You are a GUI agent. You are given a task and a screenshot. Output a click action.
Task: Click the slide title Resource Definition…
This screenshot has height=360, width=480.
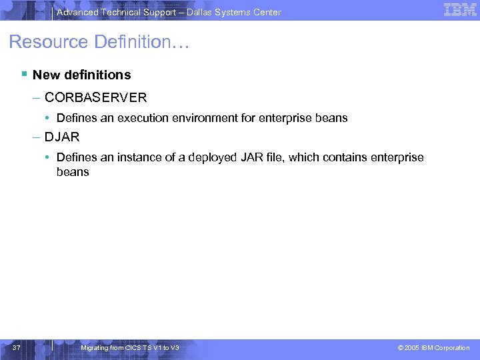click(x=99, y=42)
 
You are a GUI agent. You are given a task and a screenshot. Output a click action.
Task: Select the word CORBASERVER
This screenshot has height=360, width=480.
click(x=95, y=97)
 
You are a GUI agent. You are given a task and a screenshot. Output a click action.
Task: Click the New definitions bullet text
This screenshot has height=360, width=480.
click(x=81, y=75)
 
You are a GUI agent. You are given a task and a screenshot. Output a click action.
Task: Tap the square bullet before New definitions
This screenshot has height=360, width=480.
click(x=23, y=74)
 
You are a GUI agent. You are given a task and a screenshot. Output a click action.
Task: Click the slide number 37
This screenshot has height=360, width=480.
click(x=17, y=347)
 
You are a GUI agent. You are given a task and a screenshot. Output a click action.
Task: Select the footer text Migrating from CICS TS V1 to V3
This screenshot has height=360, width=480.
click(x=129, y=347)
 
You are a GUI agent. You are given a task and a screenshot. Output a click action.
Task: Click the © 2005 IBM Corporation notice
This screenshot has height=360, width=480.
click(x=433, y=347)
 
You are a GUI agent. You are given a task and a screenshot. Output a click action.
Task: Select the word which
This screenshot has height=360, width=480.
click(x=305, y=157)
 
